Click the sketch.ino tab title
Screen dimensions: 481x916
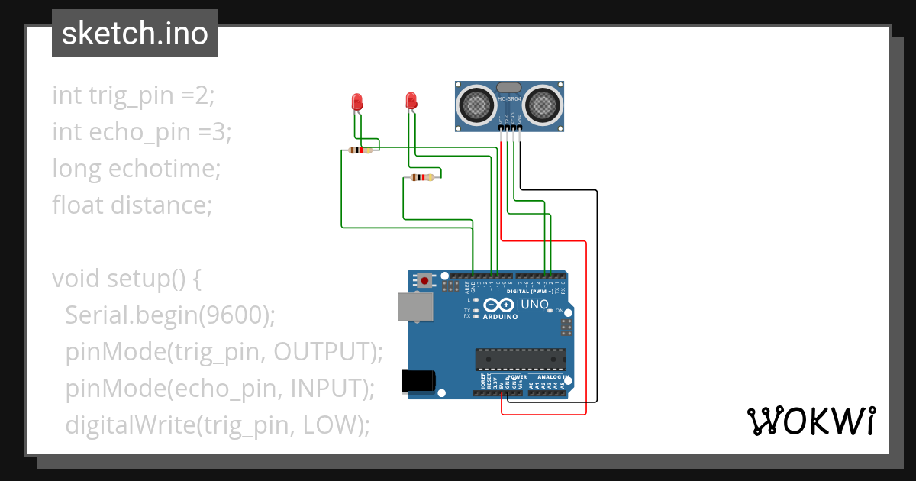[134, 34]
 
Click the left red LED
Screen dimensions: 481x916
[356, 102]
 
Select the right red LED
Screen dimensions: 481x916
[411, 101]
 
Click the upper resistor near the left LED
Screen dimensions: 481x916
[360, 150]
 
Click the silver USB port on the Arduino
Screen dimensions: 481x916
[415, 308]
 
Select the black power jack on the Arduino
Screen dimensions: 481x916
[418, 380]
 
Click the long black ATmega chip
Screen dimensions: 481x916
[521, 359]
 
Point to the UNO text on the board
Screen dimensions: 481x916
[534, 305]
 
